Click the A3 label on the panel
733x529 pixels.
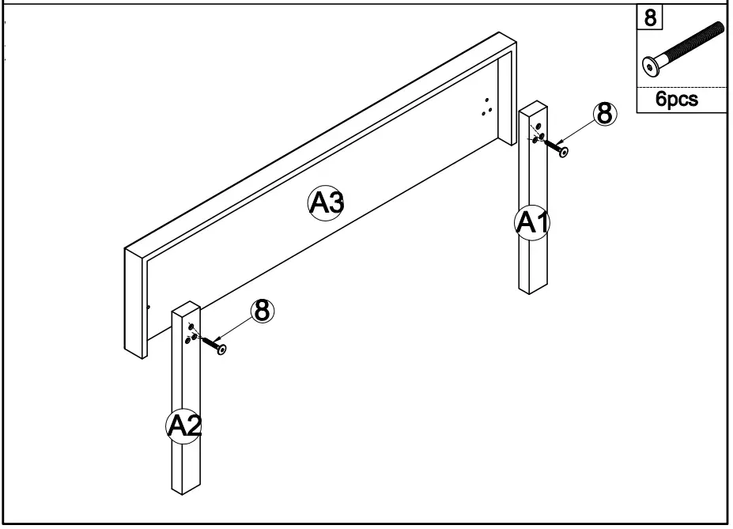tap(325, 203)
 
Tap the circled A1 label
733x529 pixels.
tap(532, 223)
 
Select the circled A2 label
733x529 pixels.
tap(183, 426)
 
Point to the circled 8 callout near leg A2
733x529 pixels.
tap(263, 312)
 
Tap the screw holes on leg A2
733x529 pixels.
tap(191, 332)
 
